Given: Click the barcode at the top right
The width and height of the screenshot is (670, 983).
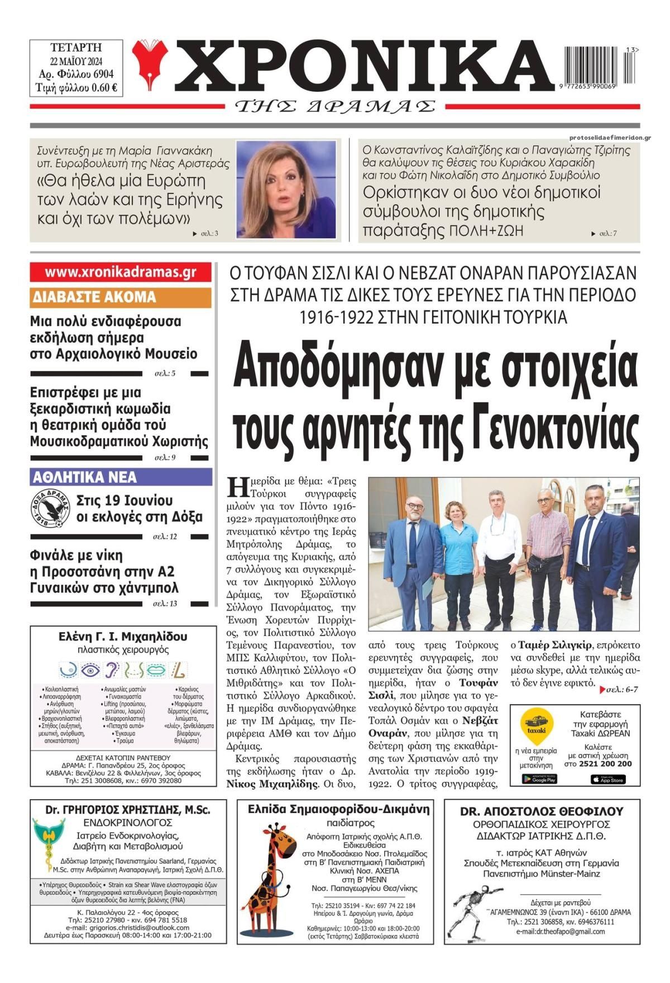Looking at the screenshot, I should click(594, 65).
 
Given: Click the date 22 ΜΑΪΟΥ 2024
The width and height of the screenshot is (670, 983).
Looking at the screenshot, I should click(76, 61).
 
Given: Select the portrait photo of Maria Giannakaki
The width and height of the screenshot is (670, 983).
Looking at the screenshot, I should click(286, 190).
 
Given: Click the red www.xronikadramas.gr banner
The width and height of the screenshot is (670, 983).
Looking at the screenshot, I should click(121, 272).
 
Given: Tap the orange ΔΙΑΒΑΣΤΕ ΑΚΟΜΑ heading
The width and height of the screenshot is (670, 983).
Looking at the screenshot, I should click(121, 297).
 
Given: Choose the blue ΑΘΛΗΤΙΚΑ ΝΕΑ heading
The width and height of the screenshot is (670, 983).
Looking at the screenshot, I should click(121, 477).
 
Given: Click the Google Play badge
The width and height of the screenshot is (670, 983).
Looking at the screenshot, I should click(539, 779).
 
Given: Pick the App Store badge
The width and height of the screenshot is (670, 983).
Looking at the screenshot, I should click(607, 779).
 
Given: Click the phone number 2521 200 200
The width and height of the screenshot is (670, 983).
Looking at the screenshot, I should click(605, 763).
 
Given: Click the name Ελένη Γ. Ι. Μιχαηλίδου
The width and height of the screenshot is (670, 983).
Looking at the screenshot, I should click(123, 637).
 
